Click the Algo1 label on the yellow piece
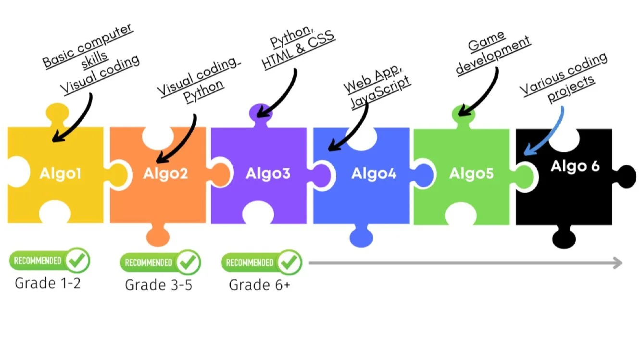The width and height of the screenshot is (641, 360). [x=60, y=174]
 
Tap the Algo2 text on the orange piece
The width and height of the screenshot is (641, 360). [x=165, y=174]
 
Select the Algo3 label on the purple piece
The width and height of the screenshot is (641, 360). [x=268, y=174]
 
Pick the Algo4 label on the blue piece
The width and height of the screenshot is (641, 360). [x=374, y=174]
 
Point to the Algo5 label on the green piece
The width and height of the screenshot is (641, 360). [x=471, y=174]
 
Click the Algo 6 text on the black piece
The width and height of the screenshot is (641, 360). [x=575, y=166]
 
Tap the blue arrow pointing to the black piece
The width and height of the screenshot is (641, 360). [x=543, y=131]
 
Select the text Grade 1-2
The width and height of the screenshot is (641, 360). [x=48, y=283]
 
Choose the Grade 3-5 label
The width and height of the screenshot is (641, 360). [x=158, y=285]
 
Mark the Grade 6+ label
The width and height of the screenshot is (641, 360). [x=260, y=285]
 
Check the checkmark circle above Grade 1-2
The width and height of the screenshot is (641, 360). [x=77, y=261]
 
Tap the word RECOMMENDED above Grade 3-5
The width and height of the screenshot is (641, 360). [x=148, y=263]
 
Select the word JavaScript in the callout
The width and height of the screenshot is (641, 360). [x=381, y=92]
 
